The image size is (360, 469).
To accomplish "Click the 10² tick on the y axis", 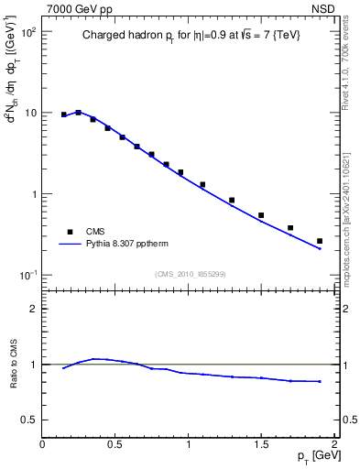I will (27, 31).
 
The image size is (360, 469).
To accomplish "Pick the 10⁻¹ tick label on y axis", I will (27, 276).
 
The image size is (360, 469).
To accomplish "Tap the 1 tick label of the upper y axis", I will (32, 194).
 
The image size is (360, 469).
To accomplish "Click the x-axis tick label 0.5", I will (115, 443).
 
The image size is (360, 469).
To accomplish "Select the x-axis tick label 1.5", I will (261, 443).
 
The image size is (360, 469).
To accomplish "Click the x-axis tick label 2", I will (334, 443).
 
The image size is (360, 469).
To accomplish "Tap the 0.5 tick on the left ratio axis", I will (29, 420).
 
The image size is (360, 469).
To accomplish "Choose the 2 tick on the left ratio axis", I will (34, 309).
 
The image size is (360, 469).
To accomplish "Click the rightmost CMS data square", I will (320, 241).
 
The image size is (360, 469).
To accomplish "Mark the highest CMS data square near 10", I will (79, 113).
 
